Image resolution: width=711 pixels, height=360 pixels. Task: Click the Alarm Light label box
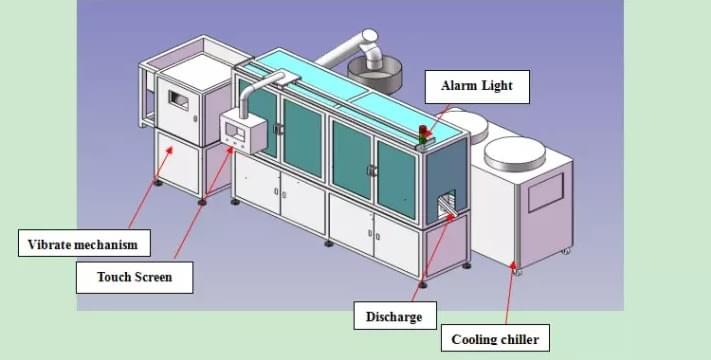point(476,86)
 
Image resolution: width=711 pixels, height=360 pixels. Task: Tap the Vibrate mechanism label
point(83,243)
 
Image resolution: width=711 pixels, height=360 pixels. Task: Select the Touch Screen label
point(134,277)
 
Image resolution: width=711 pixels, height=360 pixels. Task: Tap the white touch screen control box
point(241,130)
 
